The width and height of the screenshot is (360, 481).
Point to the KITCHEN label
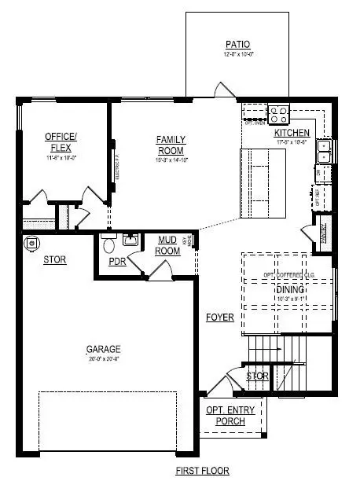coord(292,133)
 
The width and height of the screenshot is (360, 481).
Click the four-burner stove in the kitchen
coord(279,115)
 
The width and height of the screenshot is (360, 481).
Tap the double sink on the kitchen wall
coord(323,150)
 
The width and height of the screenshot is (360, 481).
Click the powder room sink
coord(130,240)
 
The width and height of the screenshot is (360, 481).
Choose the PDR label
coord(117,262)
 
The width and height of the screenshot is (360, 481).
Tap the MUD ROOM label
coord(168,245)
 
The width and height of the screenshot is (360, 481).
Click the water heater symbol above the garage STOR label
coord(31,242)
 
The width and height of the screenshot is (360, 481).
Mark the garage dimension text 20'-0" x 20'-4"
coord(105,360)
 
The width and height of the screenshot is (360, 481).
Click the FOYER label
coord(220,318)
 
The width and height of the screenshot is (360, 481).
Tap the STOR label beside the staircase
coord(257,376)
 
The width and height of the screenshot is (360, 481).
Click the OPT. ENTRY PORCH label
coord(226,416)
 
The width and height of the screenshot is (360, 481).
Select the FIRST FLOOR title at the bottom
coord(202,471)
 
